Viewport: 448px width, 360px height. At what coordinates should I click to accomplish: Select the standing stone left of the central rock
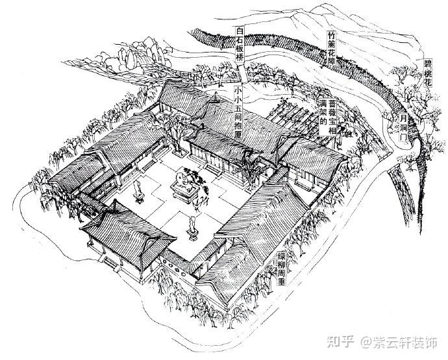pos(138,190)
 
